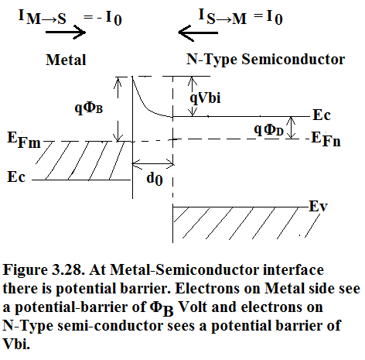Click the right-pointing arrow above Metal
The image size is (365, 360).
[66, 33]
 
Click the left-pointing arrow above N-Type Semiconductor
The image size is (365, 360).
[198, 33]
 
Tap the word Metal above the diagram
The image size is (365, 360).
[66, 60]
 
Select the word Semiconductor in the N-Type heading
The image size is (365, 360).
[293, 59]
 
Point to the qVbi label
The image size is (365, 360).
[205, 98]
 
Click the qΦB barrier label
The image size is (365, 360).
[89, 108]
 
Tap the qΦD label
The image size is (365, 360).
[268, 130]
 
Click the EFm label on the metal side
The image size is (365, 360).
[24, 140]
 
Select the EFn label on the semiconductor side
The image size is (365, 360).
[326, 139]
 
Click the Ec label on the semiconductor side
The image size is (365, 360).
[322, 115]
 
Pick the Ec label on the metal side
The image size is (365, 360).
[16, 177]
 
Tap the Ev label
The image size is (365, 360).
[318, 207]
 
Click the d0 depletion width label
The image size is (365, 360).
[155, 179]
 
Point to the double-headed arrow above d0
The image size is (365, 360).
[153, 163]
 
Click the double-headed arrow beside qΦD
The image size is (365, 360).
[292, 128]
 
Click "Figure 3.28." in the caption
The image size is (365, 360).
[44, 270]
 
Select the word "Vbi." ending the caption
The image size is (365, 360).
[16, 344]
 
